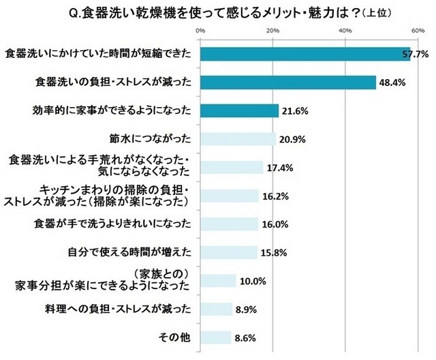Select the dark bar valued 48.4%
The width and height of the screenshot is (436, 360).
288,82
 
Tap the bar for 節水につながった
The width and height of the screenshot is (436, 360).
238,138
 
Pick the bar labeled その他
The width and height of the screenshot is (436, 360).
216,337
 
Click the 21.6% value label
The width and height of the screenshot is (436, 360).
296,110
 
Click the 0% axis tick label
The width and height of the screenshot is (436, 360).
200,31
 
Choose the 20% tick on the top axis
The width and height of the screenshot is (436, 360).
272,31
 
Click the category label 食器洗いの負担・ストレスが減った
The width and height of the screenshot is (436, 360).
114,82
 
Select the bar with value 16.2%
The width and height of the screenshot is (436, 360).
230,196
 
